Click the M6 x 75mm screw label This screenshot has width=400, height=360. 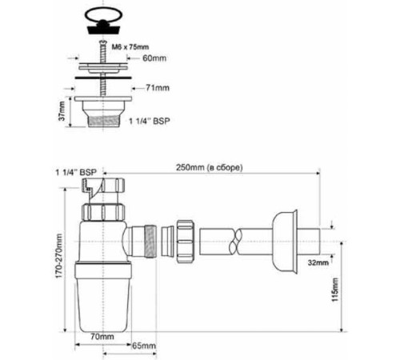pyautogui.click(x=130, y=47)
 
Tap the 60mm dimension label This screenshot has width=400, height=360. pyautogui.click(x=154, y=58)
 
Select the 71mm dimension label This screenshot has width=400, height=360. pyautogui.click(x=158, y=88)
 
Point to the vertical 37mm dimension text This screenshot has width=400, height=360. pyautogui.click(x=62, y=110)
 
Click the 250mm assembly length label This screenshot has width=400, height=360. pyautogui.click(x=210, y=167)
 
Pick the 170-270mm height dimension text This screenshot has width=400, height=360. pyautogui.click(x=58, y=256)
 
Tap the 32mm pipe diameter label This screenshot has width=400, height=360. pyautogui.click(x=318, y=262)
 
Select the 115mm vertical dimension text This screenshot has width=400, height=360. pyautogui.click(x=335, y=290)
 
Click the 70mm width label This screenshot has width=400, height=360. pyautogui.click(x=102, y=337)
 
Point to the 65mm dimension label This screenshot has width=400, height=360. pyautogui.click(x=144, y=346)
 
